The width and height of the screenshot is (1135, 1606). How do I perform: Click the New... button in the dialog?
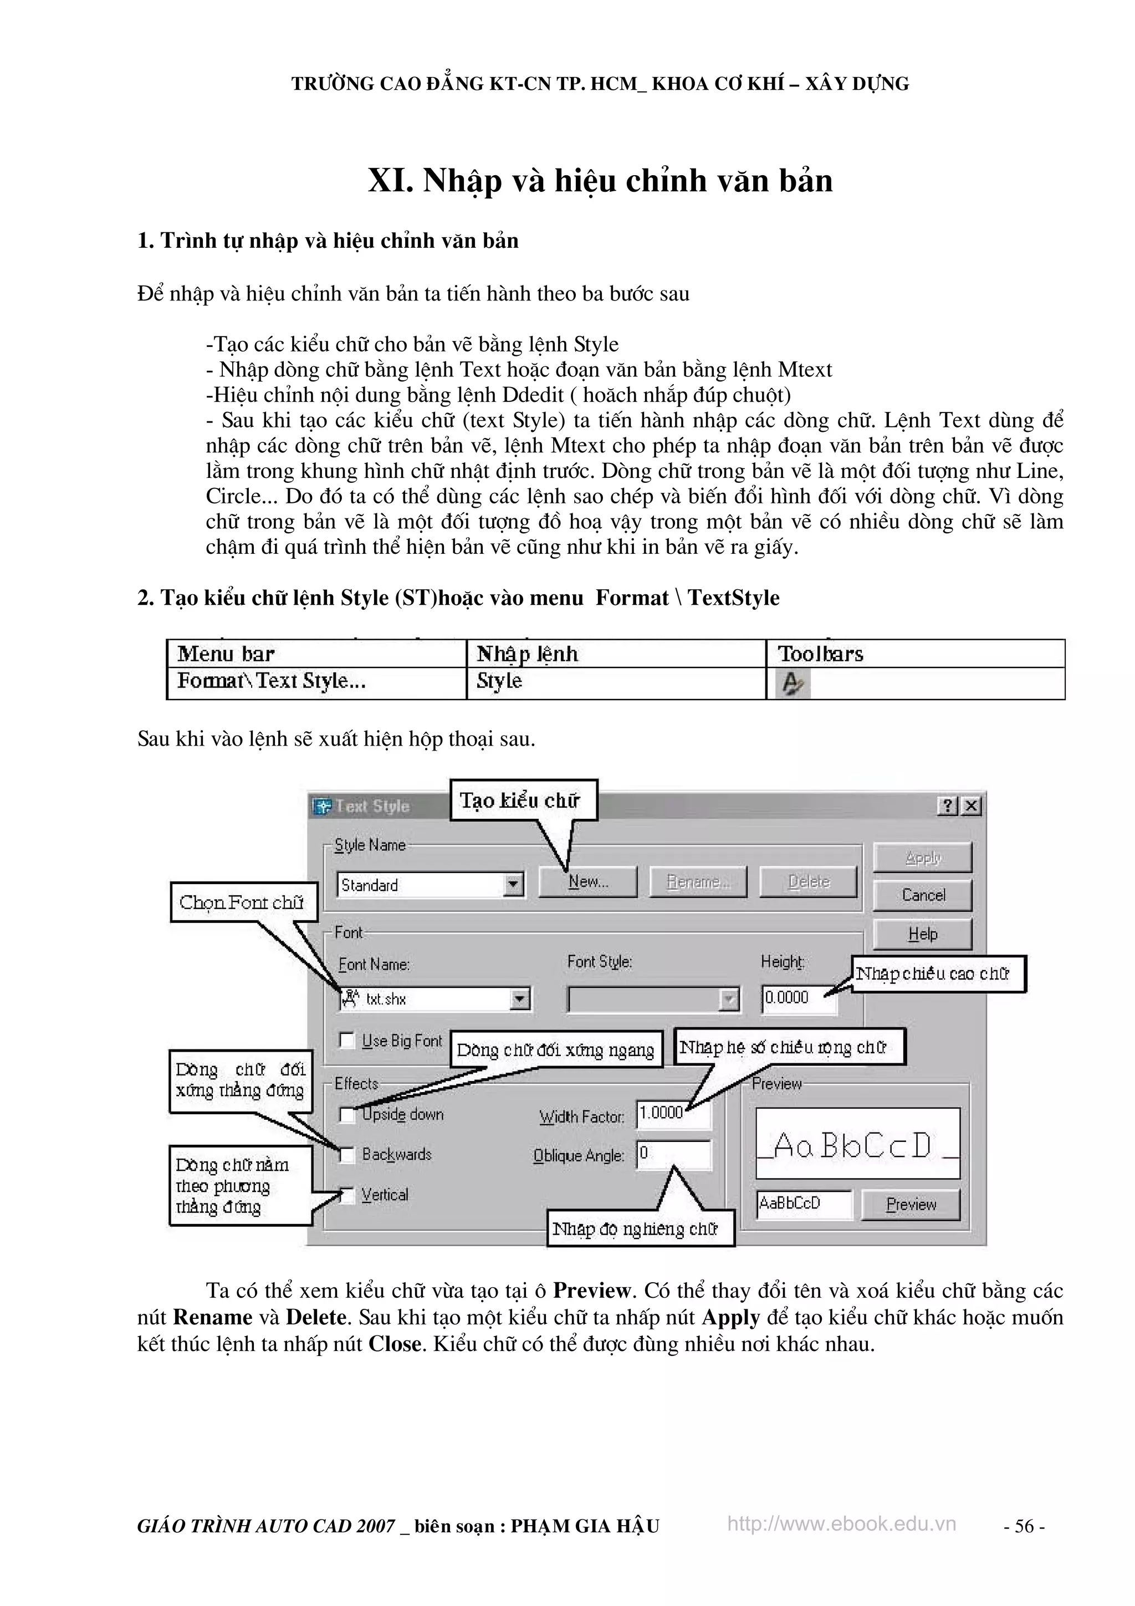point(587,881)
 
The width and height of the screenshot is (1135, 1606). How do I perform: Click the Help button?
point(922,934)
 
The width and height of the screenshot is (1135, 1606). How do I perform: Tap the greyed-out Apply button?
point(922,858)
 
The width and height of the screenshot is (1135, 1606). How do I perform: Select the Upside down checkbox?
point(347,1114)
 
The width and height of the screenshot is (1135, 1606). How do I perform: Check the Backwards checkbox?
point(347,1154)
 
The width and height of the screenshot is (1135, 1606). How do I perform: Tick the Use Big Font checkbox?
point(347,1040)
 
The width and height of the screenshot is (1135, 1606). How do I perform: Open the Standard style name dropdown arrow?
point(513,885)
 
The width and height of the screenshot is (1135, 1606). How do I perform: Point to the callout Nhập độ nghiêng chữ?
point(640,1229)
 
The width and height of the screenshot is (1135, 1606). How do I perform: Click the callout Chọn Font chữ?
point(242,903)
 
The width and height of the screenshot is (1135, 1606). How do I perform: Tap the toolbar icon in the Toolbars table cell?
point(791,682)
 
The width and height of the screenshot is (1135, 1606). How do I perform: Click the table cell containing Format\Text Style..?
point(316,681)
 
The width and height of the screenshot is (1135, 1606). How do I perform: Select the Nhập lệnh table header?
point(615,654)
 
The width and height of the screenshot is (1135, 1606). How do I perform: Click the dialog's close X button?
point(970,806)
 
